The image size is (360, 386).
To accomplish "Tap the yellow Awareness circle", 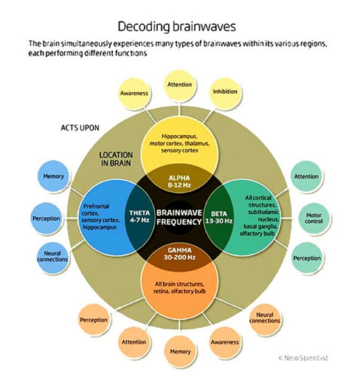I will tap(134, 93).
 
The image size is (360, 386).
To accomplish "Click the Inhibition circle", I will tap(225, 91).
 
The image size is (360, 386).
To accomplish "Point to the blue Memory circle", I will tap(53, 177).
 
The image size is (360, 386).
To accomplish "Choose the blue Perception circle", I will tap(46, 219).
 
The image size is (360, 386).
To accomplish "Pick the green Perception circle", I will tap(307, 258).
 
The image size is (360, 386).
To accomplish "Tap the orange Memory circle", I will tap(180, 351).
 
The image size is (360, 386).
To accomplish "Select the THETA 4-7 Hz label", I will tap(139, 216).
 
